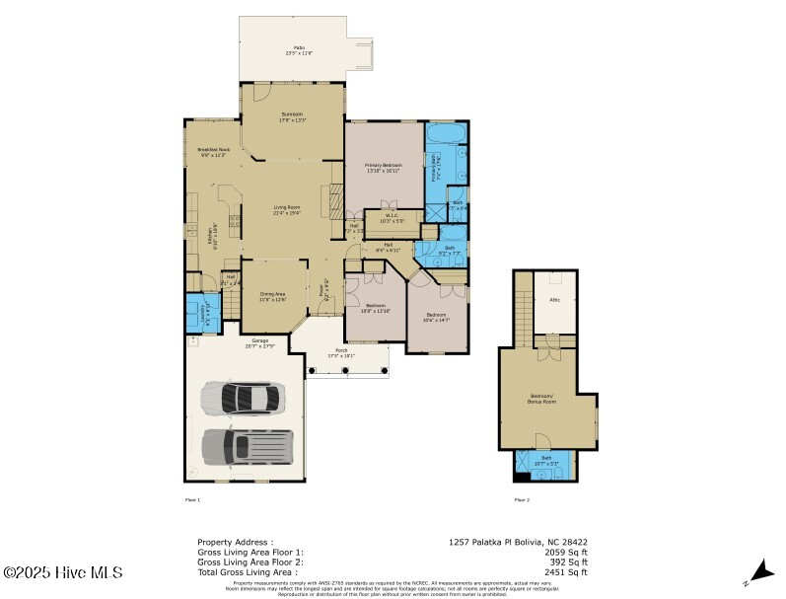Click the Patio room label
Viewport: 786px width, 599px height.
pos(298,49)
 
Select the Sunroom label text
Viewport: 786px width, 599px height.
pos(293,116)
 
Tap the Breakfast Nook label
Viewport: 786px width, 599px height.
pos(214,152)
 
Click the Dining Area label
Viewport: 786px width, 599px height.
pos(272,296)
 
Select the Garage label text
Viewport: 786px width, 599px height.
pos(232,342)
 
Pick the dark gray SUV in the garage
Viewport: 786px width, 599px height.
pos(248,446)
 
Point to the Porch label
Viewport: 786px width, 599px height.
pos(341,353)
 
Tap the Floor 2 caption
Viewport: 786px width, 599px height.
pos(522,500)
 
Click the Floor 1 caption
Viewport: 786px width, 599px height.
pos(192,500)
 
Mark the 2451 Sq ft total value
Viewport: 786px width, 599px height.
pos(568,571)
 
